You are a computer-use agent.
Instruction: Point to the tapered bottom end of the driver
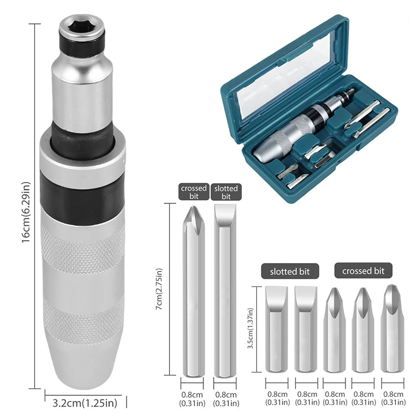pos(84,363)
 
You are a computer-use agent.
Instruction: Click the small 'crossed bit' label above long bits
pos(193,192)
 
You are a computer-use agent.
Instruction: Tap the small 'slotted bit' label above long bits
pos(226,192)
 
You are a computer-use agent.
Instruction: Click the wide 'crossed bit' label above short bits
pos(364,271)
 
